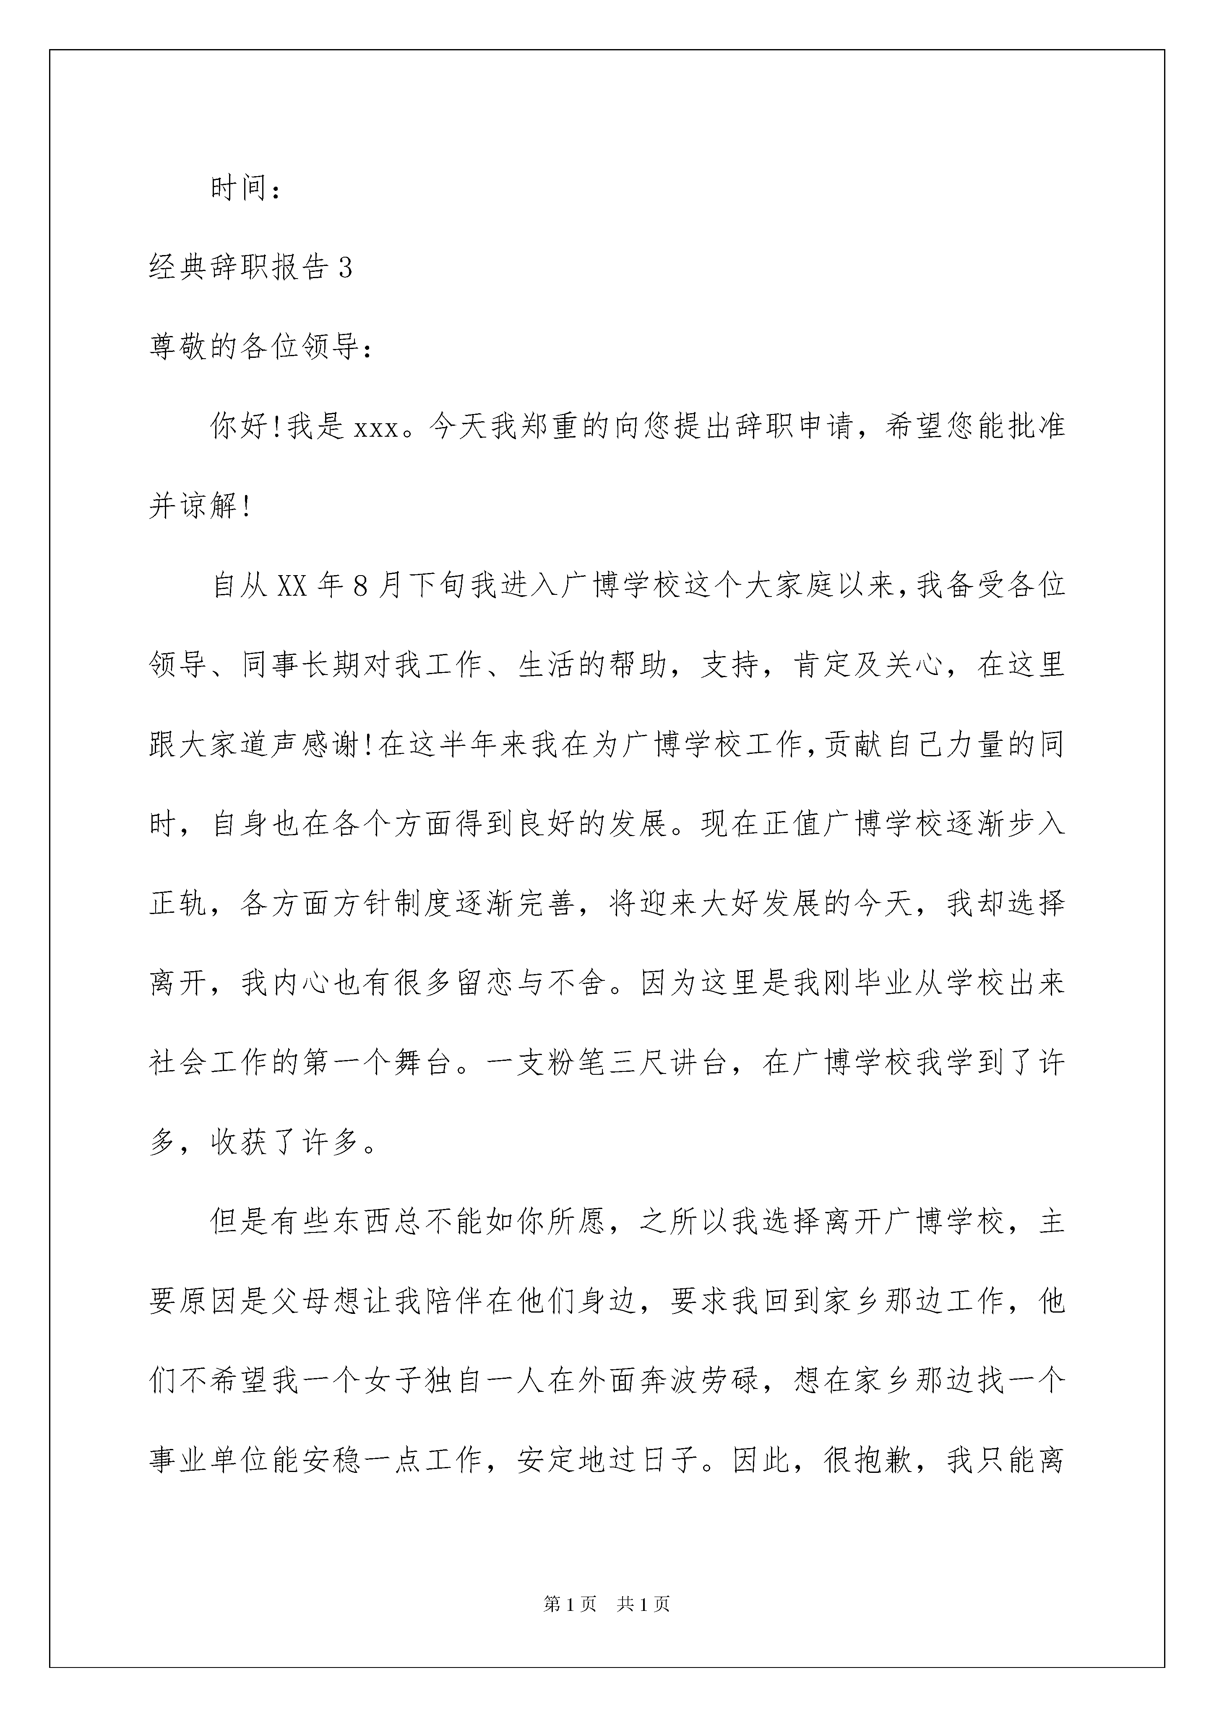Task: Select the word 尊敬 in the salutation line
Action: (180, 348)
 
